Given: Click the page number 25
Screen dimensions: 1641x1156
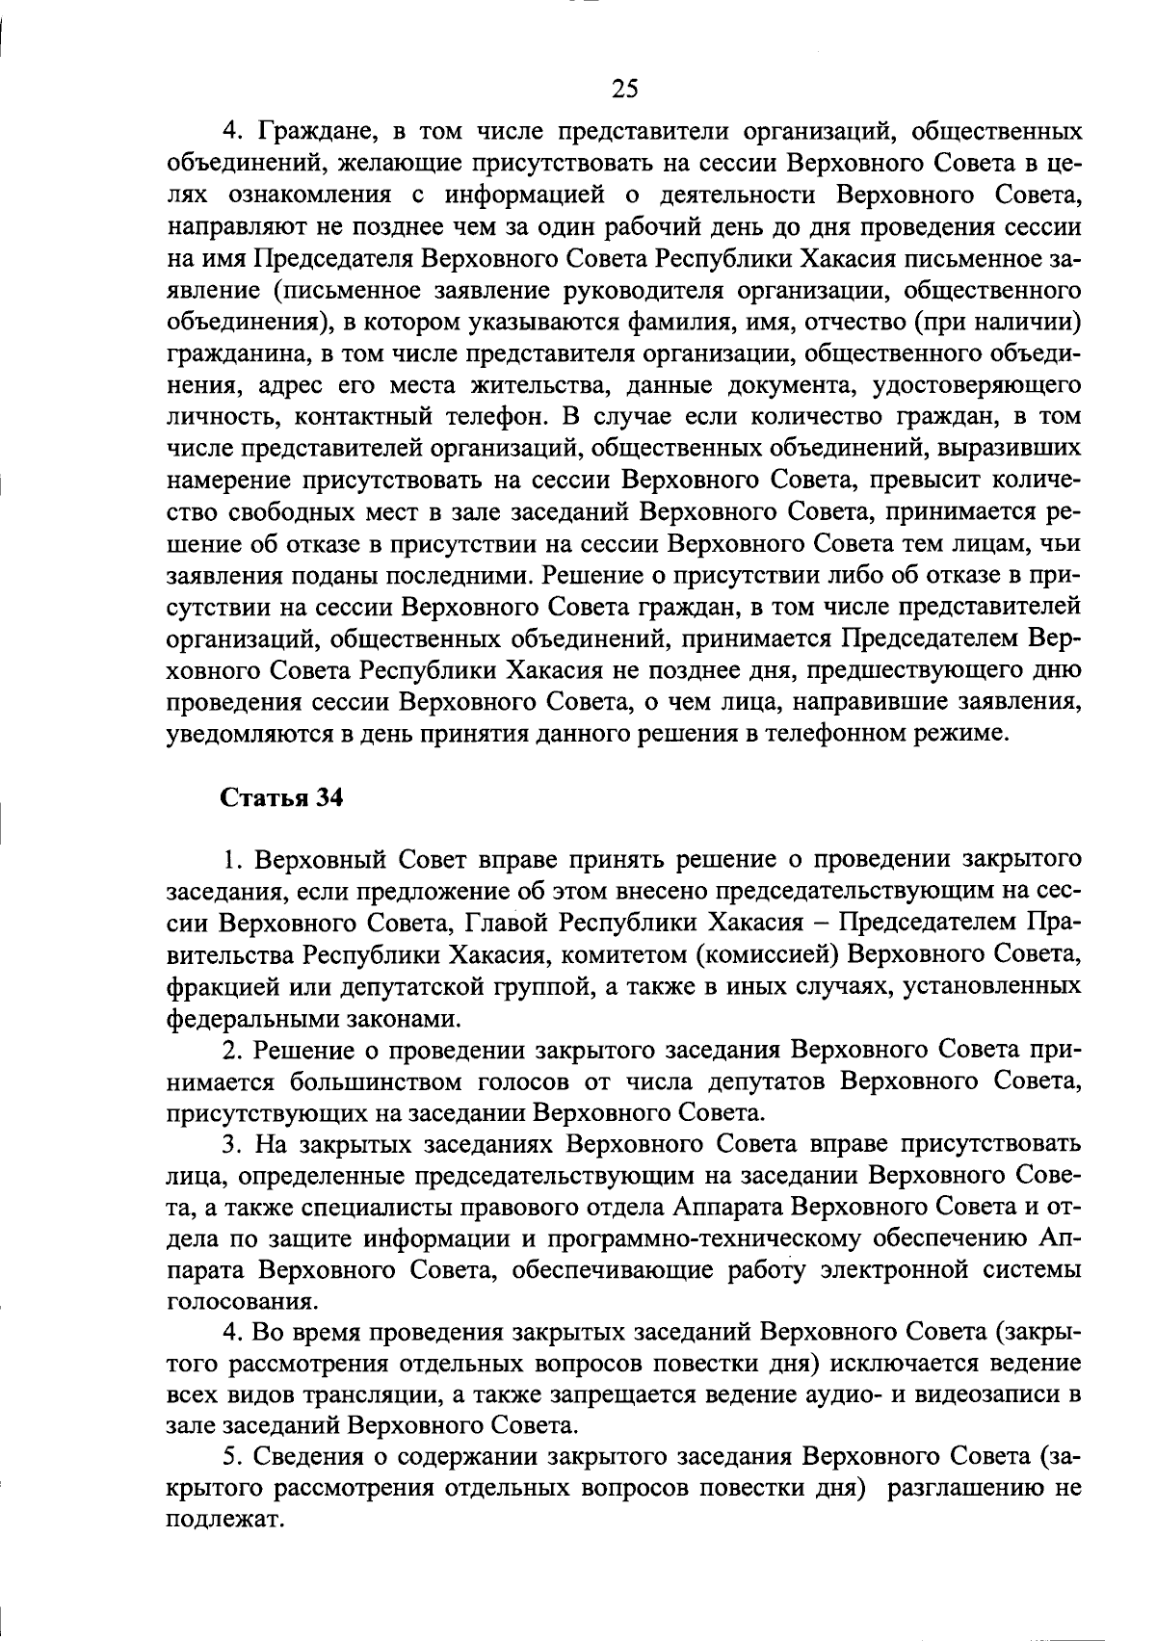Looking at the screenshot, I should pos(624,89).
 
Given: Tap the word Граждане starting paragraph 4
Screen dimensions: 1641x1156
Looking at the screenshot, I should pos(307,130).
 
